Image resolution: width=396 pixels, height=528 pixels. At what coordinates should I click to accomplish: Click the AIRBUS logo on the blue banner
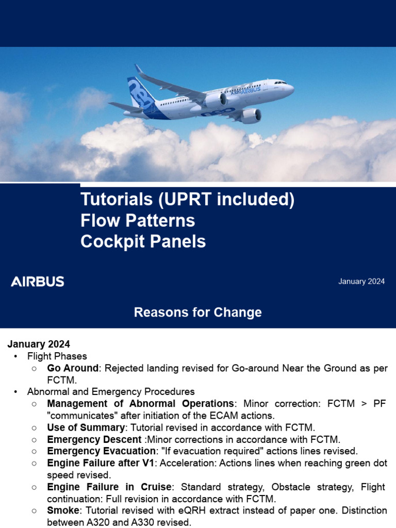[x=38, y=282]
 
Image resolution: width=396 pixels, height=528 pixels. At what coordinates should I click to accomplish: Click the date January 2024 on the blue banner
[x=361, y=282]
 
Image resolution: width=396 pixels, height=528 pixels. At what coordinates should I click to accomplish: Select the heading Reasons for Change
[x=197, y=312]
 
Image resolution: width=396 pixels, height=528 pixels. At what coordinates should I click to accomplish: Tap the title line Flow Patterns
[x=137, y=221]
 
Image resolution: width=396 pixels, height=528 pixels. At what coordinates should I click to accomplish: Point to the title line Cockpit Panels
[x=143, y=242]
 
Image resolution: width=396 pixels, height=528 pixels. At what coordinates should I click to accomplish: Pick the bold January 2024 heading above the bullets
[x=39, y=344]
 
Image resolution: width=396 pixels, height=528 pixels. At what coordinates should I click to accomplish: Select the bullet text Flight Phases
[x=57, y=356]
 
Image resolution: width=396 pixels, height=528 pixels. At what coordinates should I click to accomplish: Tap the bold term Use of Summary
[x=86, y=427]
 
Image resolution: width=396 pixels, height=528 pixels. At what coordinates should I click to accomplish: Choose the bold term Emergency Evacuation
[x=101, y=451]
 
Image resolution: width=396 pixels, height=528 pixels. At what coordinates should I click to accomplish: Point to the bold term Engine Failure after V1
[x=102, y=463]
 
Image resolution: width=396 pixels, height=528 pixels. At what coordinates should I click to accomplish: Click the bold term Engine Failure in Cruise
[x=109, y=487]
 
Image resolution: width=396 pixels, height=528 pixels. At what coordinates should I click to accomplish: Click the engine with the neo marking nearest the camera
[x=250, y=116]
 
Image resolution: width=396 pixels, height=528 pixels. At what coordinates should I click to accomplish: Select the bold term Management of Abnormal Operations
[x=140, y=404]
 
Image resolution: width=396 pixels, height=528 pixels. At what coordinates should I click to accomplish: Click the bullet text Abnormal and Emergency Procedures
[x=110, y=392]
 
